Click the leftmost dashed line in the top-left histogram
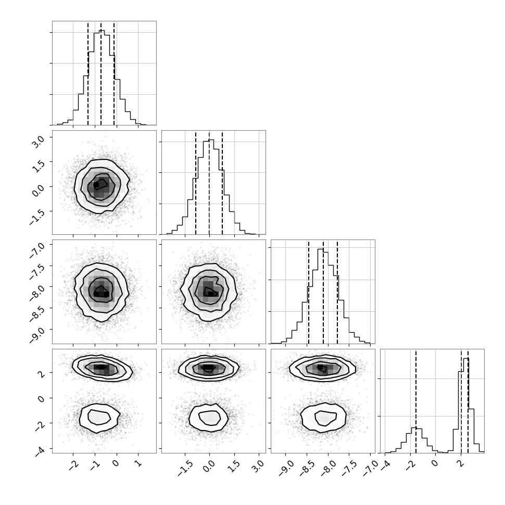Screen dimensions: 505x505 pyautogui.click(x=88, y=73)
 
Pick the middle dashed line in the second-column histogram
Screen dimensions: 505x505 pyautogui.click(x=209, y=183)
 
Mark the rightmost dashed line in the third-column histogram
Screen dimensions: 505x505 pyautogui.click(x=337, y=292)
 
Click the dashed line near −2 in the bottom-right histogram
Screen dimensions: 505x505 pyautogui.click(x=416, y=401)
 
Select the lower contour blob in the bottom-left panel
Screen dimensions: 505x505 pyautogui.click(x=99, y=418)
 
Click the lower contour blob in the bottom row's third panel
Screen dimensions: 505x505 pyautogui.click(x=323, y=418)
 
